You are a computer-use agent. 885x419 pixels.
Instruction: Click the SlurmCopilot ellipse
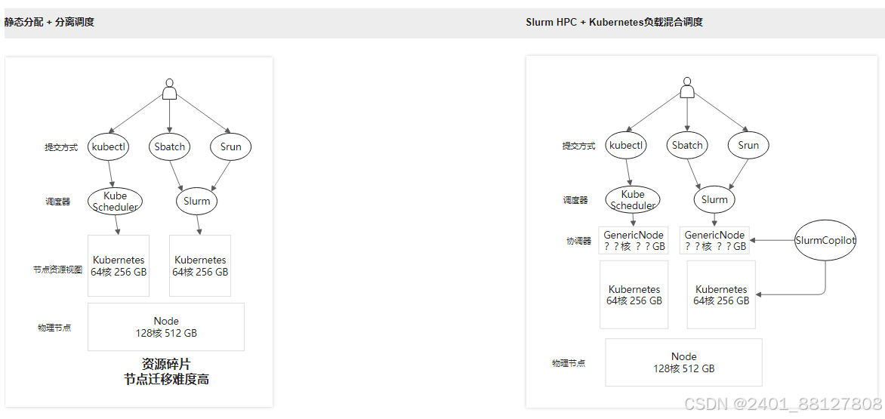(x=825, y=241)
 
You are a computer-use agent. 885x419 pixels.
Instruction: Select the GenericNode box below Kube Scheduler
(x=634, y=240)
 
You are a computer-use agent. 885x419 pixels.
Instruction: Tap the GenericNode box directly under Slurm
(x=714, y=240)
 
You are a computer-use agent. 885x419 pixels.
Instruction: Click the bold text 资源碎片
(x=166, y=365)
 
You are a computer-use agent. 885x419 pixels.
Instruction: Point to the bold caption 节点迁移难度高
(x=166, y=380)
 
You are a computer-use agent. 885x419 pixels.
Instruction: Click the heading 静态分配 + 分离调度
(x=49, y=22)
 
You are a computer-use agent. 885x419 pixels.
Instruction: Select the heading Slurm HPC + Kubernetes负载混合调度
(x=614, y=22)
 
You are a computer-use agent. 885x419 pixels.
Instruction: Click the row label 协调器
(x=578, y=241)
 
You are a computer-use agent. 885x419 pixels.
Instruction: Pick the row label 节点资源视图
(x=57, y=270)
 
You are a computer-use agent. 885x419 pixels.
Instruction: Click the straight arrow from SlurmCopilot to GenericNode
(x=772, y=240)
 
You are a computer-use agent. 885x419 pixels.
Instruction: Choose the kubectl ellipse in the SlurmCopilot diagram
(x=626, y=145)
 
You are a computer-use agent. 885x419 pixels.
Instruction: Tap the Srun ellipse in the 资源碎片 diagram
(x=230, y=146)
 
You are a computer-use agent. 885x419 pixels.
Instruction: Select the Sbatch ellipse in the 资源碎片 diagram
(x=169, y=146)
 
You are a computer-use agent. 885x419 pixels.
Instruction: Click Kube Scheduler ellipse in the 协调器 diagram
(x=633, y=200)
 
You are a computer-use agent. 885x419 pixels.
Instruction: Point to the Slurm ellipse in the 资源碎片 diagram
(x=197, y=201)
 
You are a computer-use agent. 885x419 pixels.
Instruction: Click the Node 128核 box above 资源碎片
(x=166, y=327)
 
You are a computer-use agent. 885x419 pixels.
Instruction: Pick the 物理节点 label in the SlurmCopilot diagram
(x=568, y=363)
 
